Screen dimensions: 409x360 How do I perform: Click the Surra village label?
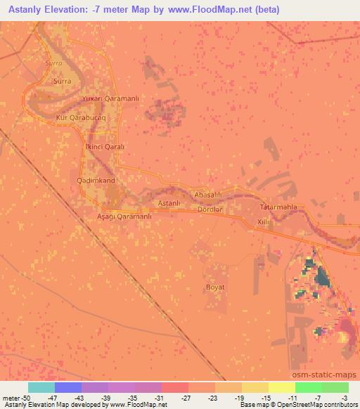62,81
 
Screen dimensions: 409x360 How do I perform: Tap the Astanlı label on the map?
170,203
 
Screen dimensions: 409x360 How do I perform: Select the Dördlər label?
210,209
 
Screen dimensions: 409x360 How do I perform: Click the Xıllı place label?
264,221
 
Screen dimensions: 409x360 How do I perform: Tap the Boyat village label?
214,287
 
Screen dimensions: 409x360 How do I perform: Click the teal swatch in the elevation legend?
41,387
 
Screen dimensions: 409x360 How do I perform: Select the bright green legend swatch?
308,387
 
